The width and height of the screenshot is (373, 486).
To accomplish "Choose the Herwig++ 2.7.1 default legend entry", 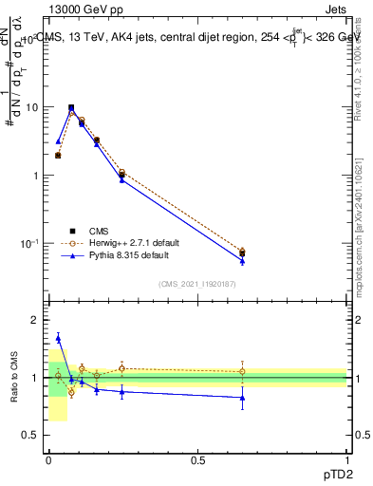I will pyautogui.click(x=133, y=243).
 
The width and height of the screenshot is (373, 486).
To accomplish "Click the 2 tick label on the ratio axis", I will pyautogui.click(x=36, y=321).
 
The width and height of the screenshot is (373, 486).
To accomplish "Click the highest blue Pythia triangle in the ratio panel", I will pyautogui.click(x=58, y=337).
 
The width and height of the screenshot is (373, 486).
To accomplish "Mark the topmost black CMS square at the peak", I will pyautogui.click(x=71, y=107).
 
